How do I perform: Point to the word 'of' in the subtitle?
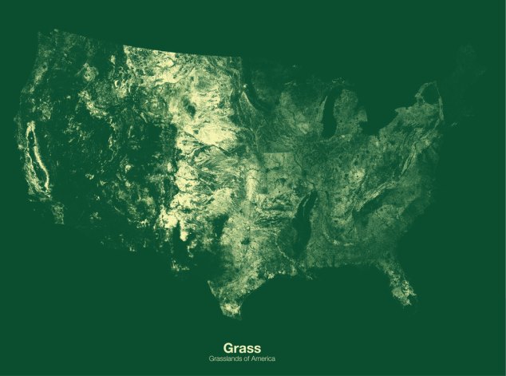(x=247, y=358)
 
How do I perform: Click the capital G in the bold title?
(x=228, y=348)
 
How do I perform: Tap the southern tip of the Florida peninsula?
(x=410, y=303)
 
